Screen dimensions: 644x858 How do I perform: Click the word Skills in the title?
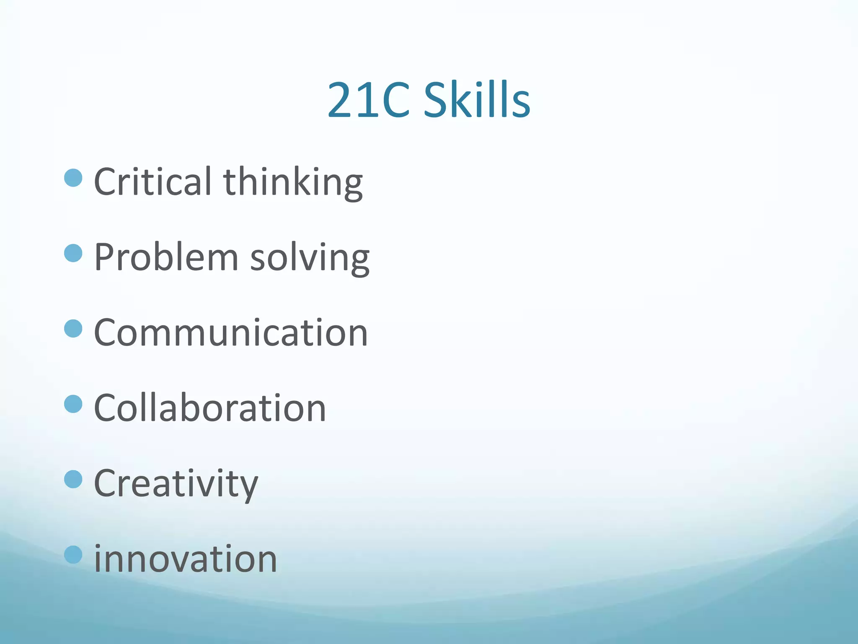point(477,100)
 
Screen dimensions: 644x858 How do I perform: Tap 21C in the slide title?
point(368,100)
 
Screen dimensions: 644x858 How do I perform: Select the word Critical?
point(152,181)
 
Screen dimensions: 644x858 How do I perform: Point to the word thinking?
point(293,182)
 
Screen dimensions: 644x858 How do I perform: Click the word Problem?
point(166,257)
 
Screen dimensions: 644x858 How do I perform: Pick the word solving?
point(310,257)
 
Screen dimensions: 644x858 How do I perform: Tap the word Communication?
point(231,332)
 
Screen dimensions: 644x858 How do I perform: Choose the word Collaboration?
point(210,408)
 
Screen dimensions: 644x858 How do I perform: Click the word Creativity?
point(176,484)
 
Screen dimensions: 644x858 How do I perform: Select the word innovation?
point(186,558)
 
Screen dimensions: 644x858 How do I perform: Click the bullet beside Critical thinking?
point(73,178)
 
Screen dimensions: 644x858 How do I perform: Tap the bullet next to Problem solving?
point(73,253)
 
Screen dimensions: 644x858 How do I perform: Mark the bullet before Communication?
point(73,329)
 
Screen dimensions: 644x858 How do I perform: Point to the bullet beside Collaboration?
point(73,404)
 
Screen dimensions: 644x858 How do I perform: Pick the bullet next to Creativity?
point(73,479)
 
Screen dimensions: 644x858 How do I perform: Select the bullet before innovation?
point(73,555)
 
